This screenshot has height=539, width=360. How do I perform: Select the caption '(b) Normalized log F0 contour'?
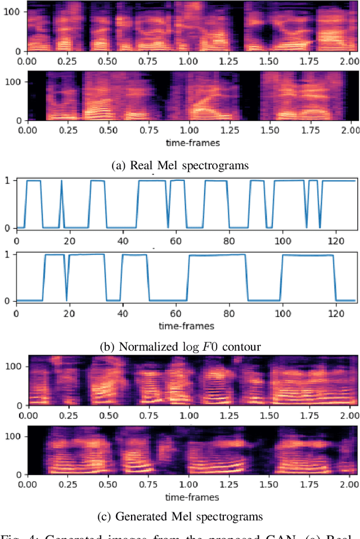pyautogui.click(x=180, y=346)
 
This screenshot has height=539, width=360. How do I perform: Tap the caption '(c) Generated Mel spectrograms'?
pyautogui.click(x=180, y=517)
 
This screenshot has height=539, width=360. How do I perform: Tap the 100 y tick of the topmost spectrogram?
pyautogui.click(x=11, y=12)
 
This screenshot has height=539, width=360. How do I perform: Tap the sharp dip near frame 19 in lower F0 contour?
pyautogui.click(x=66, y=281)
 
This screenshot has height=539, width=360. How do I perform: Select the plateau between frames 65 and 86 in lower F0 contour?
pyautogui.click(x=217, y=255)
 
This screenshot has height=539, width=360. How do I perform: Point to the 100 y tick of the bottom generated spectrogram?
pyautogui.click(x=11, y=436)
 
